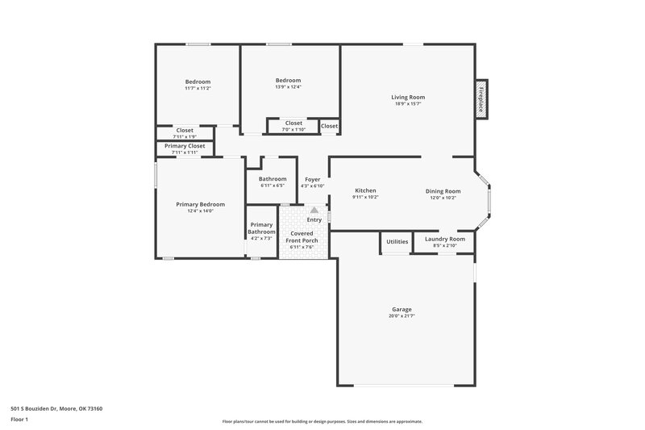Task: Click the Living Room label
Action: pyautogui.click(x=409, y=97)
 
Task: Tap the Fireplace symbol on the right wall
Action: pyautogui.click(x=482, y=101)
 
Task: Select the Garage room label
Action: pyautogui.click(x=402, y=309)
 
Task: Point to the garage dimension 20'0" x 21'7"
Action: pyautogui.click(x=402, y=316)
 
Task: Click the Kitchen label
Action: pyautogui.click(x=365, y=190)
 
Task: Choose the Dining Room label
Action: pyautogui.click(x=443, y=191)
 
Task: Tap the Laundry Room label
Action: pyautogui.click(x=445, y=239)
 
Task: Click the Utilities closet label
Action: pyautogui.click(x=397, y=241)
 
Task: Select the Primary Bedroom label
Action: pyautogui.click(x=200, y=204)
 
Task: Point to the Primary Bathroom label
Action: pyautogui.click(x=261, y=228)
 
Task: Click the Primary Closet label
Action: pyautogui.click(x=185, y=146)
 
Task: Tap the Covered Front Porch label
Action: pyautogui.click(x=304, y=236)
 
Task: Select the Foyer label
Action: pyautogui.click(x=312, y=179)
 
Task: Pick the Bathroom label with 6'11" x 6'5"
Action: pyautogui.click(x=273, y=179)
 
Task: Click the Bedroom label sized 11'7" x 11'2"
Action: pyautogui.click(x=198, y=81)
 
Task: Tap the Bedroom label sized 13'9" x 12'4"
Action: pyautogui.click(x=288, y=80)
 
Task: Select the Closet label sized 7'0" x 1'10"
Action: pyautogui.click(x=293, y=123)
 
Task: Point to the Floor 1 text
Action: pyautogui.click(x=19, y=420)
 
